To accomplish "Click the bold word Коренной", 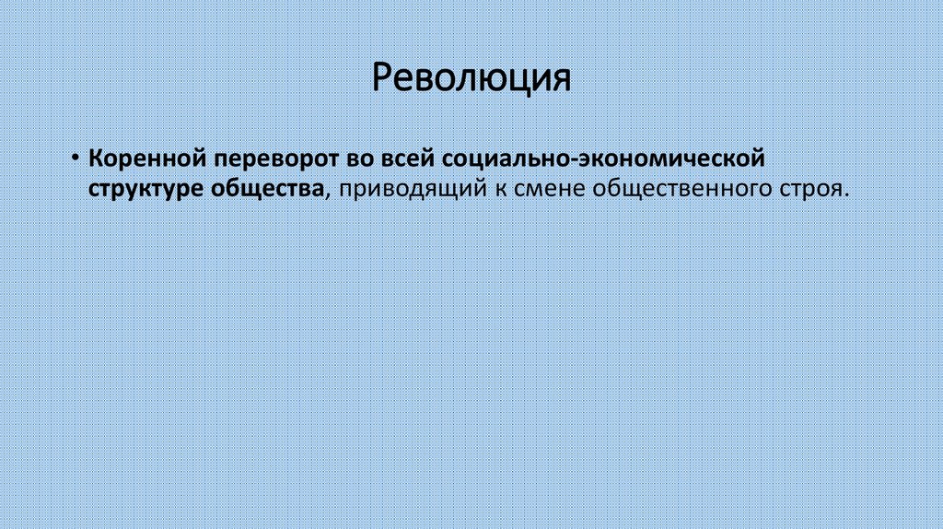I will [147, 157].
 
